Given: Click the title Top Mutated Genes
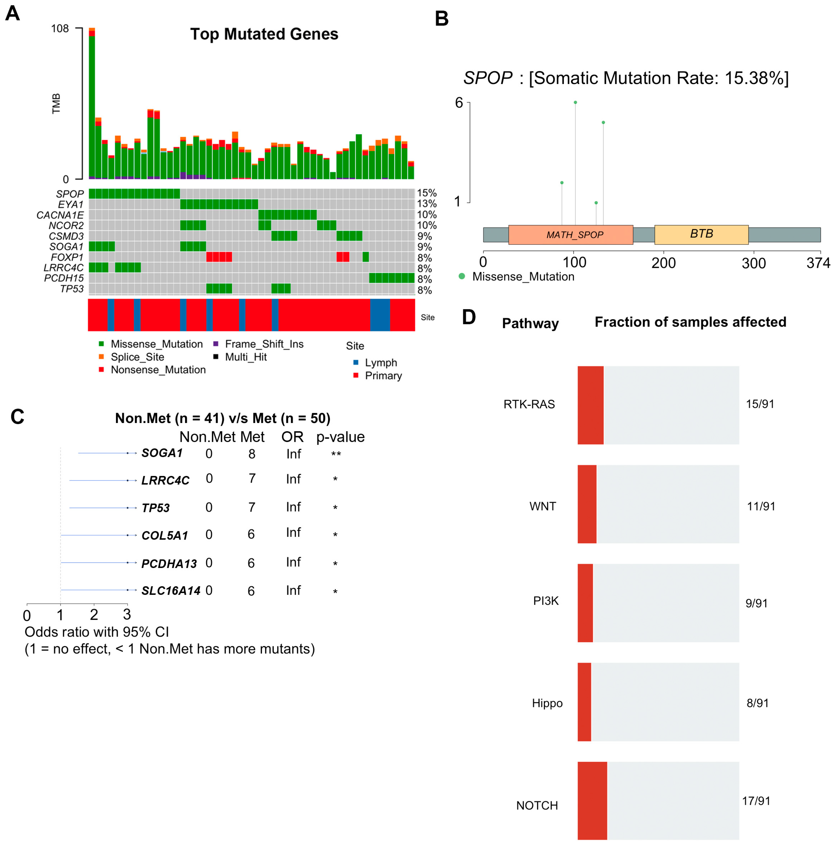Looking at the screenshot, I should coord(264,34).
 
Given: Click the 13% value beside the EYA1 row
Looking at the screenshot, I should coord(426,204).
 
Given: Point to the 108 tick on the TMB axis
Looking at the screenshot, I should coord(60,29).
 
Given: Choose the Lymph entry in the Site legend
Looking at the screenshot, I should coord(381,362).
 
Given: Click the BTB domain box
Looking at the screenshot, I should coord(701,234).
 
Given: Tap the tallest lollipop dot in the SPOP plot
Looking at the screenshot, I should coord(575,102).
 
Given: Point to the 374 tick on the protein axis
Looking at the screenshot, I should coord(818,263).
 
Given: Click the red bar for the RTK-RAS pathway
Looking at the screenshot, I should coord(590,405).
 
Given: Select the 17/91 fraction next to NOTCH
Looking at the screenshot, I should coord(756,801).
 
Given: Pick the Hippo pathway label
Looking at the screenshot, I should coord(547,703).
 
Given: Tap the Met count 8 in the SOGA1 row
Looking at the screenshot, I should coord(252,454).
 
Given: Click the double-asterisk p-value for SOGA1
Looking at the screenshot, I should coord(336,454).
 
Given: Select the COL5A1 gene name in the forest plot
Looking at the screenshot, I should coord(164,536).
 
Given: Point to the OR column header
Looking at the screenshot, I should coord(292,437).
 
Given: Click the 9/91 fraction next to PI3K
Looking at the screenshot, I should coord(756,603).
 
